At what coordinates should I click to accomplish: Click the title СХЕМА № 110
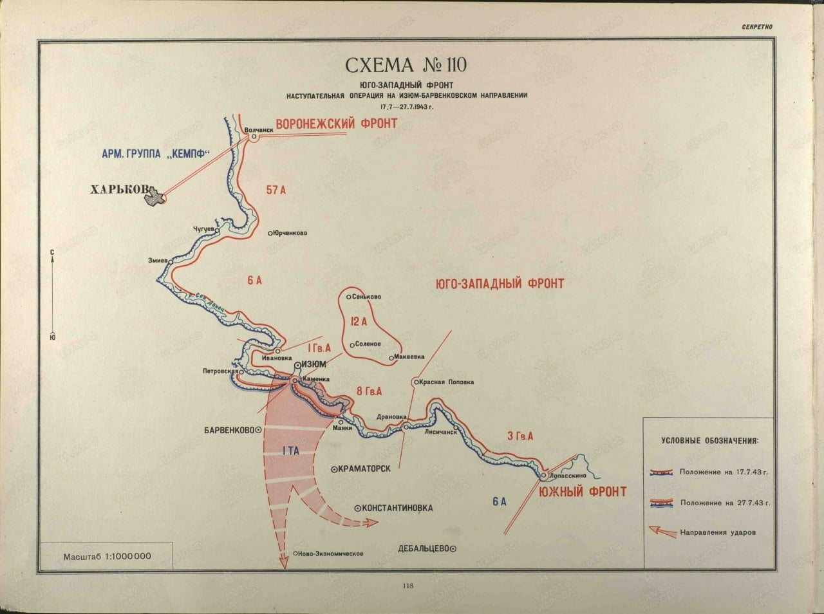tap(407, 66)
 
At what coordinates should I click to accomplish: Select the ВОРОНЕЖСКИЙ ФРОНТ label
tap(336, 124)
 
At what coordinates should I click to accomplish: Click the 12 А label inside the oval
tap(359, 321)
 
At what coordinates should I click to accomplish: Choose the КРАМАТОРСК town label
tap(365, 469)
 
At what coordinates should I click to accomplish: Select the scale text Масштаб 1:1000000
tap(107, 556)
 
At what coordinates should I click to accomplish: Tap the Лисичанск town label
tap(440, 433)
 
